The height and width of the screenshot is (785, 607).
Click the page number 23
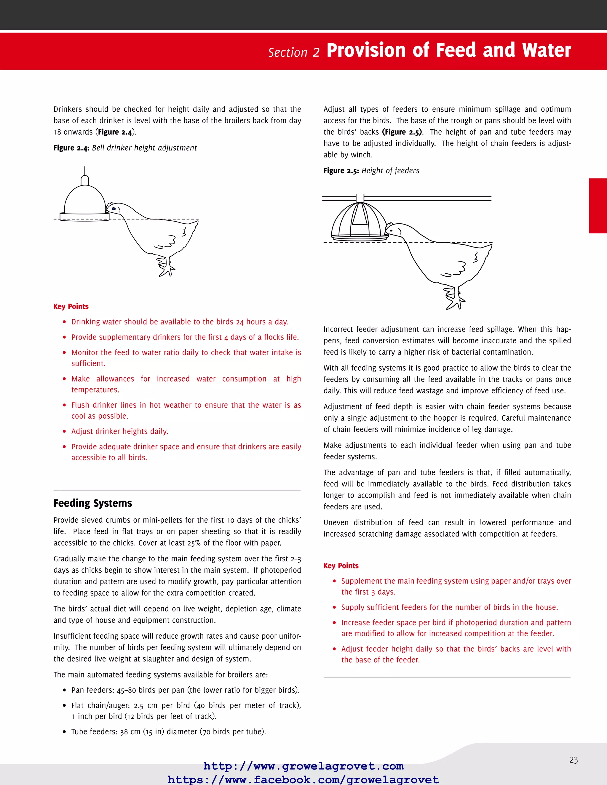click(x=573, y=760)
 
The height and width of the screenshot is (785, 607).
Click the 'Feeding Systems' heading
click(x=93, y=503)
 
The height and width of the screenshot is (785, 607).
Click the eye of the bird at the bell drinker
click(x=114, y=209)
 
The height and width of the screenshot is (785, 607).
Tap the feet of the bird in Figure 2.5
click(x=455, y=298)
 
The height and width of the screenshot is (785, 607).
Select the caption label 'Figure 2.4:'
click(x=71, y=148)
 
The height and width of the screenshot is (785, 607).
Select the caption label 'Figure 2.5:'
click(x=341, y=171)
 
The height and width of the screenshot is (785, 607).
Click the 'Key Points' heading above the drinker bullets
click(x=71, y=307)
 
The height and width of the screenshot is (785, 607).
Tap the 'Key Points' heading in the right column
click(x=341, y=566)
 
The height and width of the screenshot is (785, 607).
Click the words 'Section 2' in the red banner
click(x=293, y=52)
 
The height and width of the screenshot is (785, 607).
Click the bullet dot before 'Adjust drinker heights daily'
click(x=64, y=431)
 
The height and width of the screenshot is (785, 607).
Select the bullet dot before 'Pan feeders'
click(x=64, y=690)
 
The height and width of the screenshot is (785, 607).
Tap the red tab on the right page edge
click(x=598, y=206)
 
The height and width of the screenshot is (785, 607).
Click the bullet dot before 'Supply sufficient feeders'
click(x=334, y=608)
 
